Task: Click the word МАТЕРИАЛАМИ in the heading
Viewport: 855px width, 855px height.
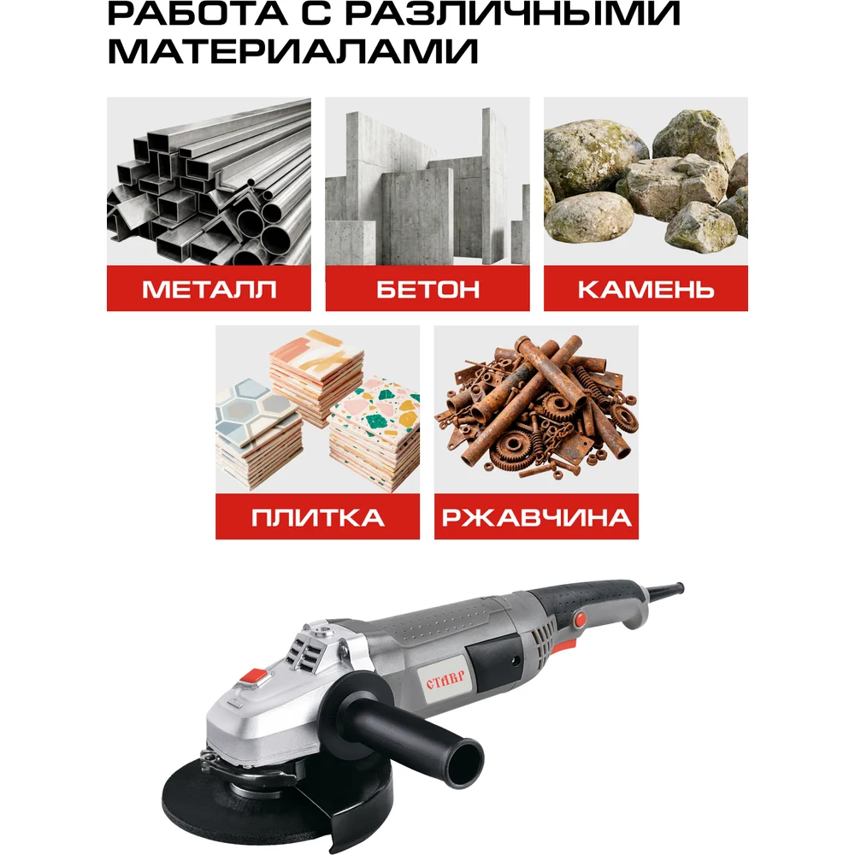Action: click(293, 52)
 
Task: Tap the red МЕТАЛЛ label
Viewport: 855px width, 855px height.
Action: click(209, 288)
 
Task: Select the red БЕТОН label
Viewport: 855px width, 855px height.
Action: click(427, 288)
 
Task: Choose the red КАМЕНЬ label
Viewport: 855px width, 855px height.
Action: click(646, 288)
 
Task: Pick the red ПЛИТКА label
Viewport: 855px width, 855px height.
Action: click(317, 517)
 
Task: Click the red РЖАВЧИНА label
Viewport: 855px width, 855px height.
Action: click(536, 517)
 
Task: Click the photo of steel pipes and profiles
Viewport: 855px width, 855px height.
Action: click(209, 181)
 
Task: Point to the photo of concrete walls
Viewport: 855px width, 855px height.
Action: click(427, 181)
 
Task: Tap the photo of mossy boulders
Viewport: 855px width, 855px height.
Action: click(646, 181)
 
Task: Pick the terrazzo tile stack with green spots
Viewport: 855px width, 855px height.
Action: click(375, 433)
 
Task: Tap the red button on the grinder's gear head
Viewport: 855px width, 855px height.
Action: click(254, 676)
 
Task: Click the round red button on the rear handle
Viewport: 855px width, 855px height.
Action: click(581, 618)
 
